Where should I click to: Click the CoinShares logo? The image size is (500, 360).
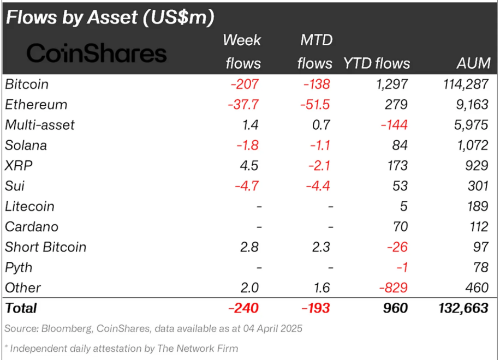tap(97, 53)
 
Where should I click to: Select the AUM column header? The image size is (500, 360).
tap(473, 63)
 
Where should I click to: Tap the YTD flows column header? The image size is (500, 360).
tap(377, 63)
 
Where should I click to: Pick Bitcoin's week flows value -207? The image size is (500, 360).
tap(245, 85)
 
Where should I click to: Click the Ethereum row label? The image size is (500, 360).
tap(36, 105)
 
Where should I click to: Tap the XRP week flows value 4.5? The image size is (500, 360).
tap(250, 166)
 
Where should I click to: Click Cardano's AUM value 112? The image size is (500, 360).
tap(479, 227)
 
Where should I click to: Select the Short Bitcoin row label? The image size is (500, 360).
tap(46, 247)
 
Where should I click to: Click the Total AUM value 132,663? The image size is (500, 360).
tap(462, 308)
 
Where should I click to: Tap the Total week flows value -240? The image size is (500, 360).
tap(243, 308)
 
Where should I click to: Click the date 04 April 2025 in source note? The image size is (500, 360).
tap(266, 329)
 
